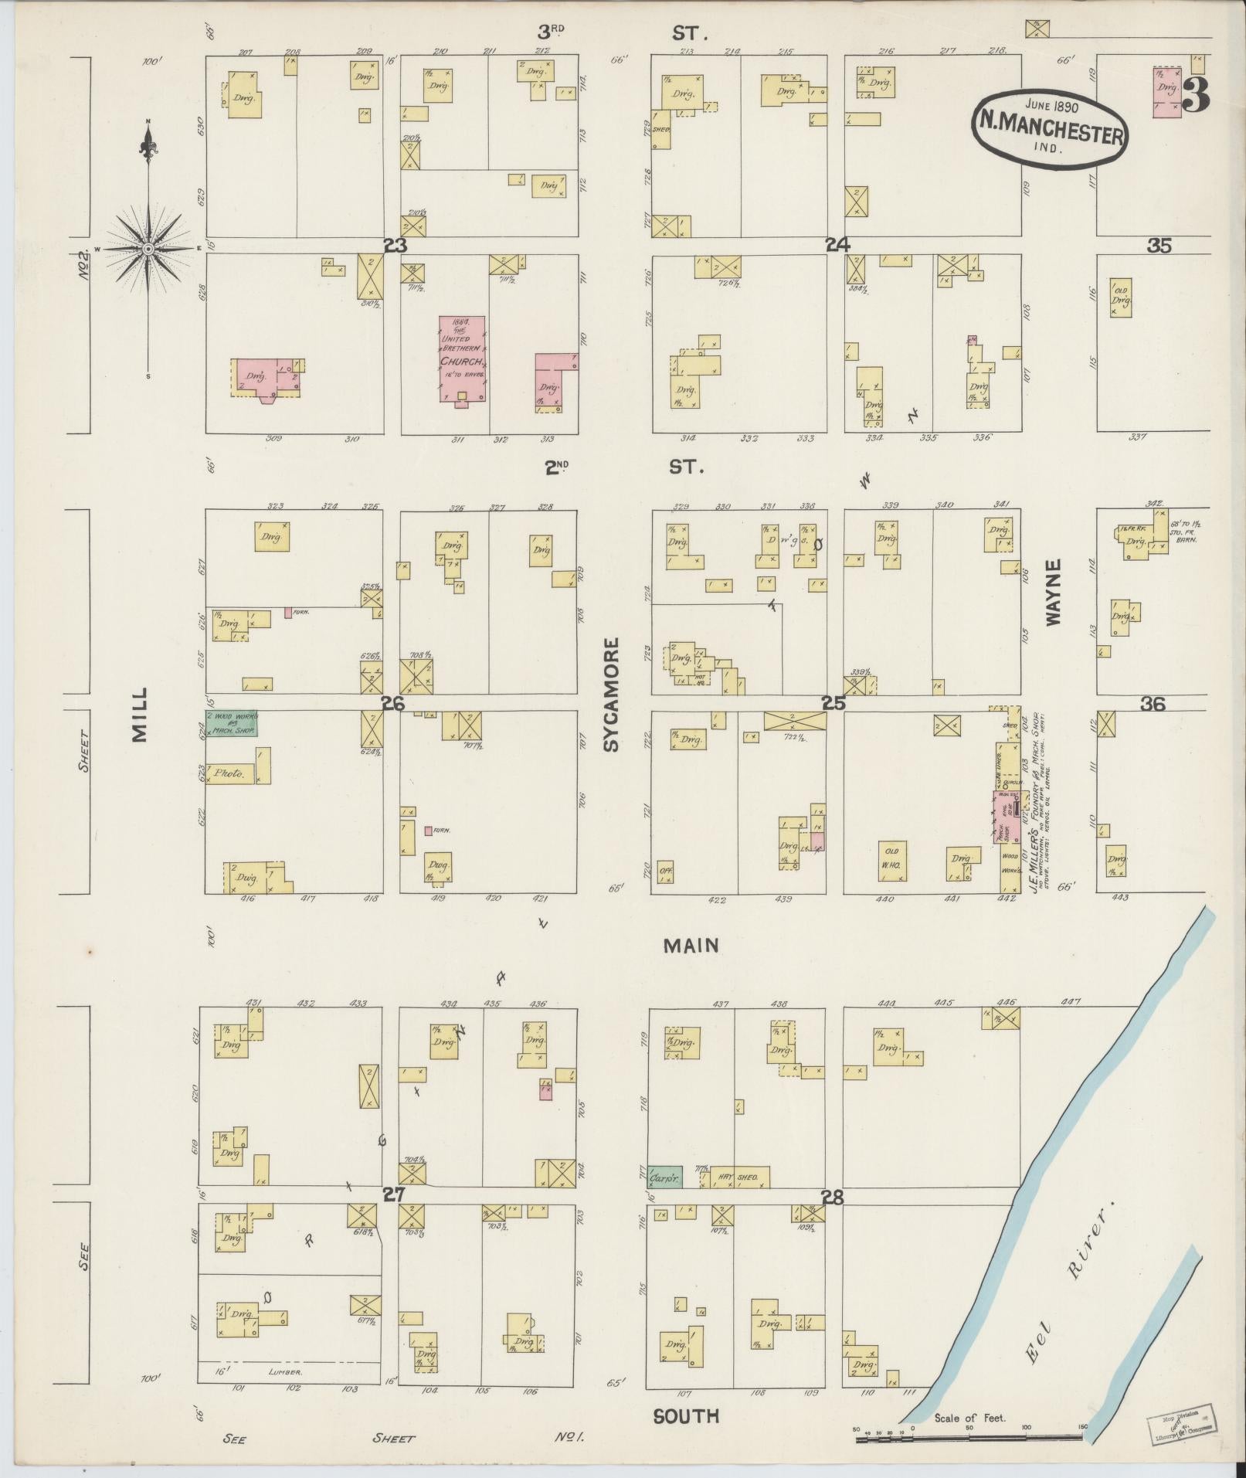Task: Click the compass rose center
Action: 146,248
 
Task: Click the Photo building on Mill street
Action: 232,773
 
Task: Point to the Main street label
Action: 691,945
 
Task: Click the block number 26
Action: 393,704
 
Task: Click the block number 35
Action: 1159,246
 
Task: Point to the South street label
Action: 686,1415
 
